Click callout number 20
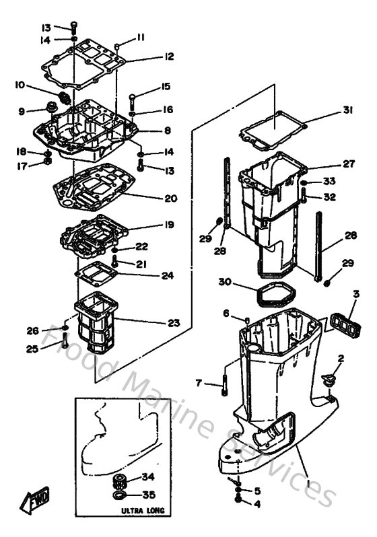pos(170,199)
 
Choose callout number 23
pos(174,323)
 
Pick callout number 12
pos(169,57)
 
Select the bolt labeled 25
pos(64,343)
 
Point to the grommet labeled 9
pos(48,108)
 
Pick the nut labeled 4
pos(240,500)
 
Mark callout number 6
pos(227,313)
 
